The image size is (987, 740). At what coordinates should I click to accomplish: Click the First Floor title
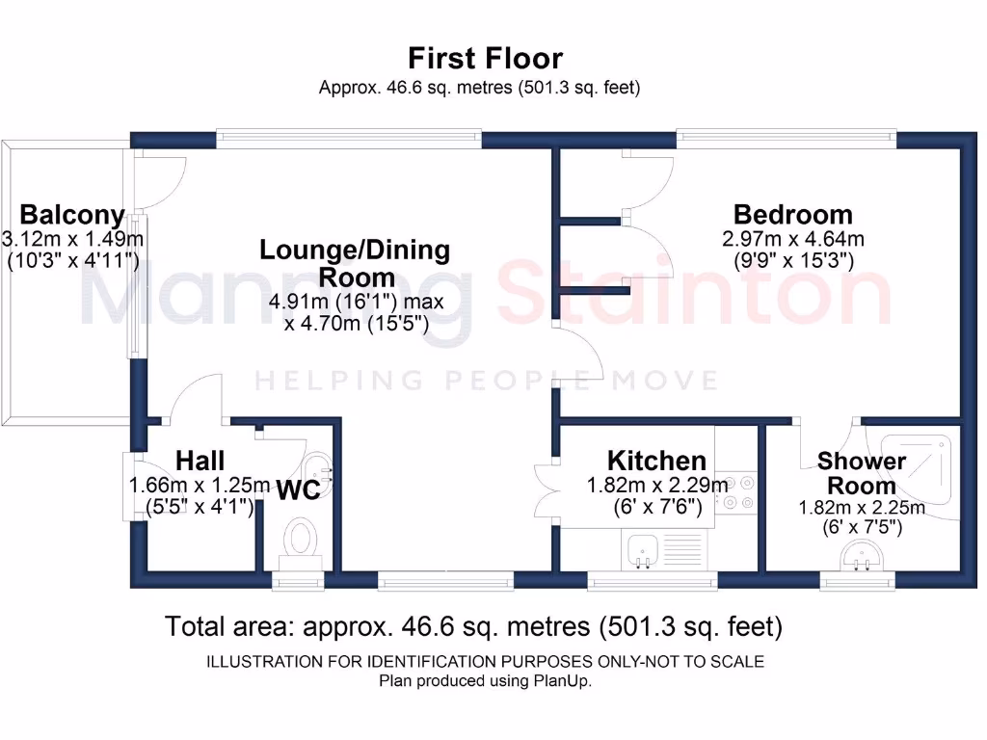(485, 58)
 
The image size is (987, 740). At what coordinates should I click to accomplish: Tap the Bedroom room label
(792, 214)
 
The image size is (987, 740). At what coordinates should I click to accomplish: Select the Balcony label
(72, 214)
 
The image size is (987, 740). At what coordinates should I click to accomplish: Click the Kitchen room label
(656, 461)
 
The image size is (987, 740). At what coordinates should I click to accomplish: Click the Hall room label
(200, 461)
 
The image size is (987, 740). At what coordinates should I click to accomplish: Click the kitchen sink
(642, 550)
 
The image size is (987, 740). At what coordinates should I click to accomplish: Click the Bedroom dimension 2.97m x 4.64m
(792, 238)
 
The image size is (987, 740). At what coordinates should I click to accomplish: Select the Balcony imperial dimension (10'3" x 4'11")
(72, 260)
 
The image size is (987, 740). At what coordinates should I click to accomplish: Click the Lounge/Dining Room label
(354, 263)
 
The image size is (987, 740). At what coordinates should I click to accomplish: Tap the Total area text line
(473, 627)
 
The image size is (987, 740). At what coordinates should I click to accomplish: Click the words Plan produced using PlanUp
(485, 680)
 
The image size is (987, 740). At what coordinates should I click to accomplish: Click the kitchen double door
(545, 491)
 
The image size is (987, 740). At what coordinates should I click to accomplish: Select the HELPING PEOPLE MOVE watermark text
(487, 381)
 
